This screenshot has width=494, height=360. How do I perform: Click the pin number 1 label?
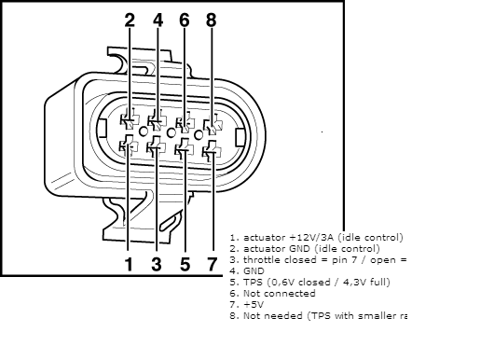(x=130, y=265)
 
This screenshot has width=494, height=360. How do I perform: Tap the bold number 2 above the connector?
(x=130, y=20)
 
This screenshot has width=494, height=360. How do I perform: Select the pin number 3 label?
(x=157, y=265)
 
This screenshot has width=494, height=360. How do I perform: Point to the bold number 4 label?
(x=158, y=20)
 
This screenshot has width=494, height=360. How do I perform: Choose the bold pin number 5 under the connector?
(x=185, y=265)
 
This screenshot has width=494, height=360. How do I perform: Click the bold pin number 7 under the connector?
(x=212, y=265)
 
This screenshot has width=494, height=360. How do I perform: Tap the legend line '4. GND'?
(x=248, y=271)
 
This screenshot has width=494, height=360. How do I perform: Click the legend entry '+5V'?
(x=252, y=305)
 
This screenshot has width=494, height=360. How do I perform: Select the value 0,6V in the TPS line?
(x=277, y=283)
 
